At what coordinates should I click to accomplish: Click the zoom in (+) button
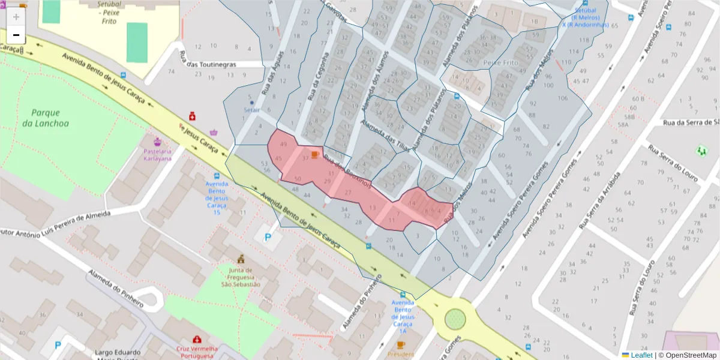coord(16,17)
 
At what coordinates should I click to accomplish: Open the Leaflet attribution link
coord(641,355)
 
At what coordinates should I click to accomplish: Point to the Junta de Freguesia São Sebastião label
coord(241,277)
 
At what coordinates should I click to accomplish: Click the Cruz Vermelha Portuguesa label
coord(196,352)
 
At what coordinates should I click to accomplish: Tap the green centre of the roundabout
coord(455,319)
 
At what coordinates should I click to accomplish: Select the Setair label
coord(251,110)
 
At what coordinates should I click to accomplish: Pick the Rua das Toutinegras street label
coord(208,64)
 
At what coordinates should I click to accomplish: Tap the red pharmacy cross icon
coord(193,115)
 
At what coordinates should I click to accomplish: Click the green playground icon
coord(701,151)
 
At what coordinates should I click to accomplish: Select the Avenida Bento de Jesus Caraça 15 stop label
coord(217,198)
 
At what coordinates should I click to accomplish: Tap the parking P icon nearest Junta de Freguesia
coord(268,238)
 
